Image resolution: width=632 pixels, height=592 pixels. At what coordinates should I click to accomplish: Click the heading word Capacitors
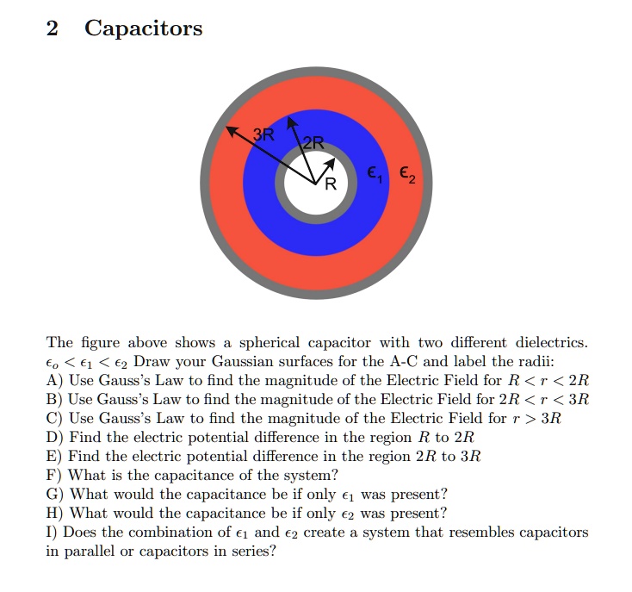(x=143, y=28)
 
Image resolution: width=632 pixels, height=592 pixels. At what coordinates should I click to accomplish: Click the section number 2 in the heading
(x=53, y=28)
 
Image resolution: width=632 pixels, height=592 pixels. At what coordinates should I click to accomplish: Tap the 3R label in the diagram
(x=263, y=134)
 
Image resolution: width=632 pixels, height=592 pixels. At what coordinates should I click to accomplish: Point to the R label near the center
(x=330, y=182)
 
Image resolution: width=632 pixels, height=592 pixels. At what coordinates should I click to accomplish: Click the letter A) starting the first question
(x=54, y=380)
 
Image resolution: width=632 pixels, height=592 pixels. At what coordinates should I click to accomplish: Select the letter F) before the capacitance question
(x=54, y=475)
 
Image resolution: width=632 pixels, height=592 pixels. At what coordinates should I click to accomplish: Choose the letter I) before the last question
(x=52, y=532)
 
